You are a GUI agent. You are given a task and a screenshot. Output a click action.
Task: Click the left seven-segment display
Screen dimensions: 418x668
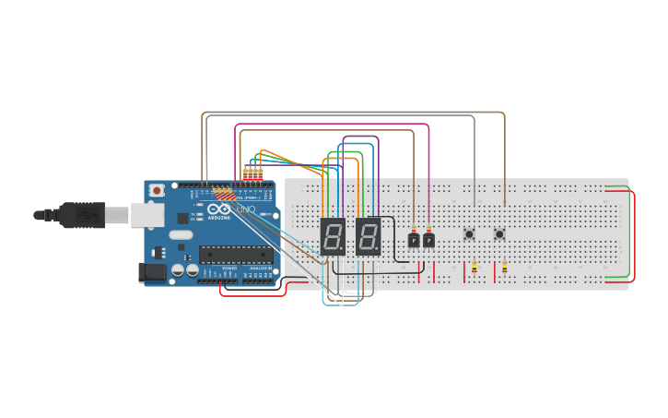[333, 236]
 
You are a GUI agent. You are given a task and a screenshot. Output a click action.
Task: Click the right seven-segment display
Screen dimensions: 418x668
[368, 236]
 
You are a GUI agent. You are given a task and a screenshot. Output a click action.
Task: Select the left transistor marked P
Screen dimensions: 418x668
[414, 240]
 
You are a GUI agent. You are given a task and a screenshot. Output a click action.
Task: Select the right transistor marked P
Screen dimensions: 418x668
[428, 240]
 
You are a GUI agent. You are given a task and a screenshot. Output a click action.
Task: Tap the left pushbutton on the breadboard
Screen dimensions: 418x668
[469, 234]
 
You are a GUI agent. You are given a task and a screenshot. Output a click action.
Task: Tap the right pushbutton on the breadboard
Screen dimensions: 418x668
[499, 234]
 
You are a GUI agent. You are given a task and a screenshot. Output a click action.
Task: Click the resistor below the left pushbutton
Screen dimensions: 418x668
[475, 268]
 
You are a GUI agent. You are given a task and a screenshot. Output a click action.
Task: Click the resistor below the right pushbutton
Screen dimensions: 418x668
[504, 268]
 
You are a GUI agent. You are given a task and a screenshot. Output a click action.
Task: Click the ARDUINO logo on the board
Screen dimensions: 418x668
[218, 219]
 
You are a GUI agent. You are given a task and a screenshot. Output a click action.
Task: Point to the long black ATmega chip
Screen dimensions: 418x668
[236, 255]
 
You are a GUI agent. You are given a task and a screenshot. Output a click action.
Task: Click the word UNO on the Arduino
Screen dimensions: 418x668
[246, 211]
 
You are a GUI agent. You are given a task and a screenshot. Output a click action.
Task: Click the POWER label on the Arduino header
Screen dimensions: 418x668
[229, 269]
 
